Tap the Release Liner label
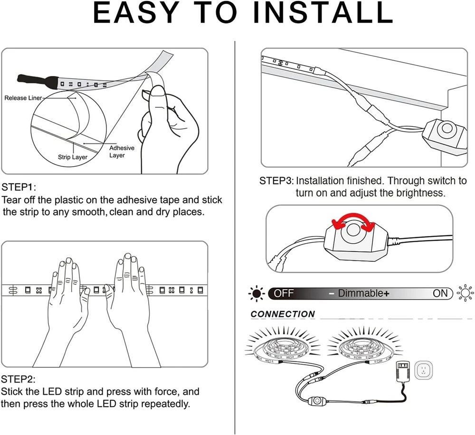(23, 98)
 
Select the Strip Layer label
(73, 157)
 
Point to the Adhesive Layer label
(122, 151)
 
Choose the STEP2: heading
(18, 379)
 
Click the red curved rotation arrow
(353, 221)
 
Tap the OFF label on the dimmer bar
(284, 293)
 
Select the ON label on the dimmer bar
(440, 293)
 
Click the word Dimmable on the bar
(361, 293)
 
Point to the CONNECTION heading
(283, 314)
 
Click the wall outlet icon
(424, 370)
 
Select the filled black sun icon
(257, 293)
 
